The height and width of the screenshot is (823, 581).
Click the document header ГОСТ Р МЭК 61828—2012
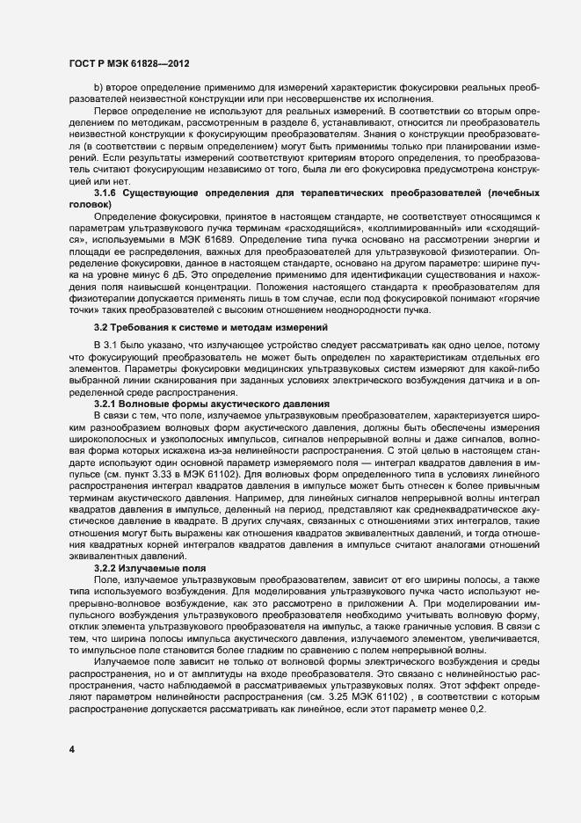click(127, 64)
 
